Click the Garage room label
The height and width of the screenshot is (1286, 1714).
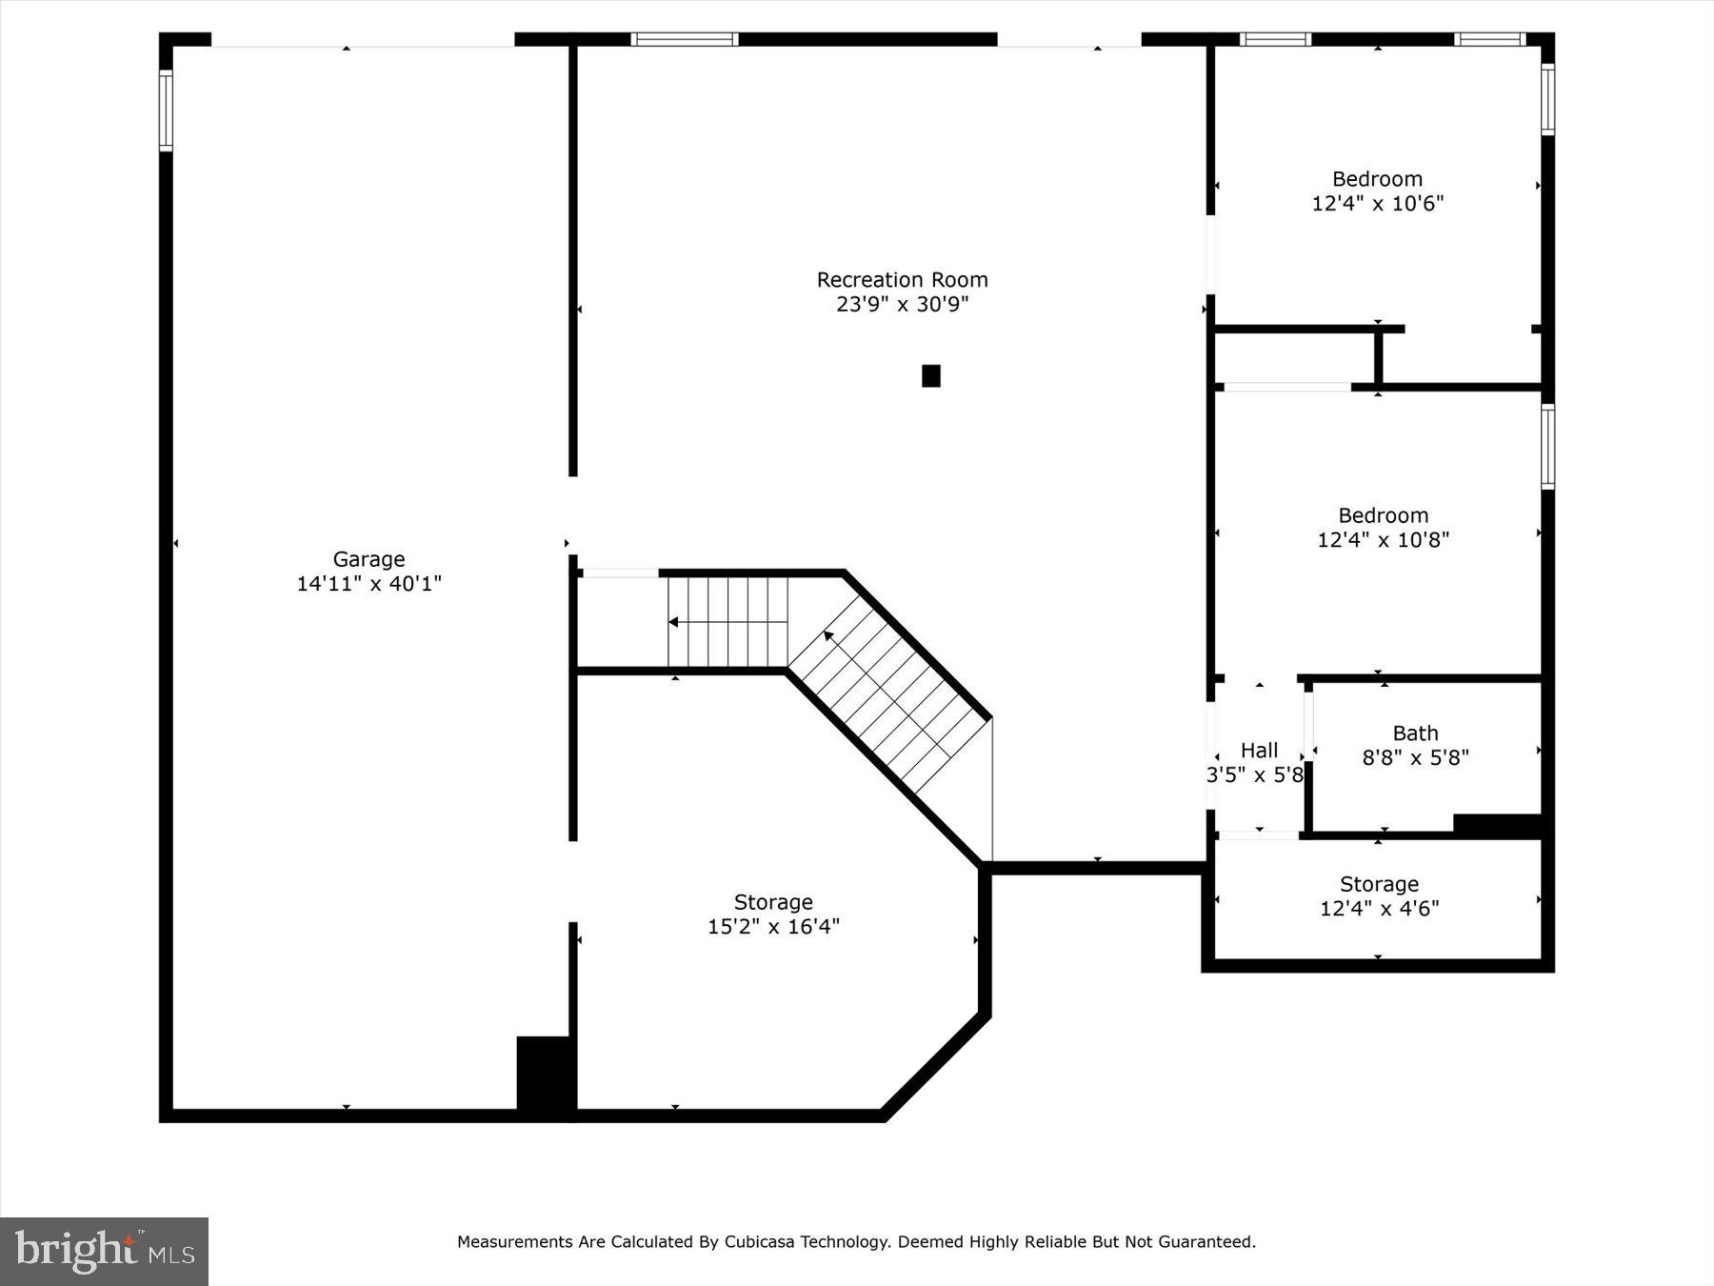[369, 559]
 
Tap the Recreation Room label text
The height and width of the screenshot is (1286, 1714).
[902, 280]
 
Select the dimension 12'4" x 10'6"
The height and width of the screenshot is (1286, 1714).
[1377, 203]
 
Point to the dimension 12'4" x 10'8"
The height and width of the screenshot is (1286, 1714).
[1383, 540]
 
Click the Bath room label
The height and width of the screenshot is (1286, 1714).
[1415, 733]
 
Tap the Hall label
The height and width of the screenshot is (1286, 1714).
[1259, 751]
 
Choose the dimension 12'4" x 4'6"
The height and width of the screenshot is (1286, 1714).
[1378, 909]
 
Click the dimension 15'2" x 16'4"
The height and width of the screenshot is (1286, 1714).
[773, 926]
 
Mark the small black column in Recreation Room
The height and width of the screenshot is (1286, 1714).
[930, 376]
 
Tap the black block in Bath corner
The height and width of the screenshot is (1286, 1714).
[1496, 825]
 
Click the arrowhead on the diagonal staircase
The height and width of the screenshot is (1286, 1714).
[828, 635]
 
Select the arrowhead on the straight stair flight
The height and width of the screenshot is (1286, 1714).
[673, 622]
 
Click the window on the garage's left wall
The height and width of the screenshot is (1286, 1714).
[166, 111]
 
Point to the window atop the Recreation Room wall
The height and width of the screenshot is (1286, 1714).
[684, 40]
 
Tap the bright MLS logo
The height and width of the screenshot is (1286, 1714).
[104, 1251]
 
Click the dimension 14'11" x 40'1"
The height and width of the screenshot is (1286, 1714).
[369, 584]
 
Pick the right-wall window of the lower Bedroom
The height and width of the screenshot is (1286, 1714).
[1547, 447]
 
